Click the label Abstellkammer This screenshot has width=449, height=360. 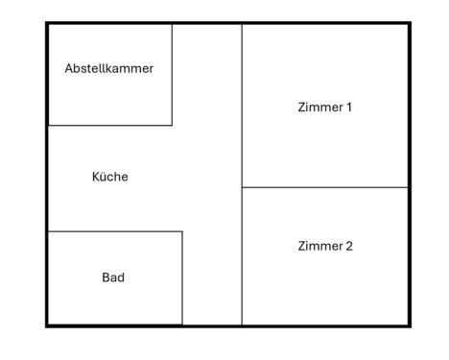108,69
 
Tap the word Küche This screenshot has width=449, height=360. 109,177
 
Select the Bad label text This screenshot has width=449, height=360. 113,277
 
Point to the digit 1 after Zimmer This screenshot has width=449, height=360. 349,108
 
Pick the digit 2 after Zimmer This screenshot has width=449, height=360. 349,247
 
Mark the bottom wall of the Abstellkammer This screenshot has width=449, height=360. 109,125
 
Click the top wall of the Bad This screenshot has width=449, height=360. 114,231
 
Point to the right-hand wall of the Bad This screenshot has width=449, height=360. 182,277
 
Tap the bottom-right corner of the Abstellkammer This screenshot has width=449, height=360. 172,125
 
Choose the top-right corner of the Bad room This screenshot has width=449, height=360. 182,231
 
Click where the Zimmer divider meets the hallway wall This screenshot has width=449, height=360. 242,187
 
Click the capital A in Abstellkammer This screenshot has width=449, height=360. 69,69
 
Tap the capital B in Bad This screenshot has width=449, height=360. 106,277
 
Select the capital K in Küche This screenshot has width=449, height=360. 95,177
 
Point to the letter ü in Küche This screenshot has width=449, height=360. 103,177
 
